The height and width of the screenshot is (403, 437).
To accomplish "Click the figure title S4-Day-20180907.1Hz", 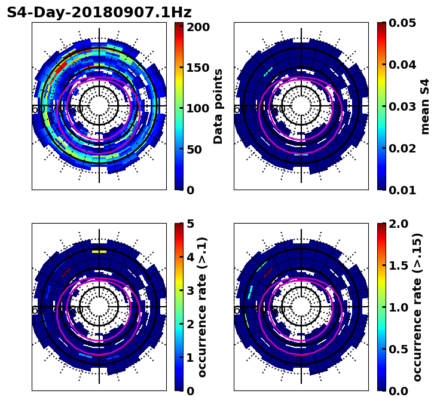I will [x=99, y=13].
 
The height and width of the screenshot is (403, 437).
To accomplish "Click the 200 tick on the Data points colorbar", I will [x=198, y=27].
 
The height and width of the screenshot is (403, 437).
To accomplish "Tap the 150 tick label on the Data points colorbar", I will [x=198, y=68].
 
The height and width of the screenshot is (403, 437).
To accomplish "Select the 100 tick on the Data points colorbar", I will [x=198, y=108].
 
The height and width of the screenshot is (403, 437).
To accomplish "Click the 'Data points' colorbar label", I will [x=218, y=106].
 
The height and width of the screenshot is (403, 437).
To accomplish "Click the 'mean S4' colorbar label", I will [x=425, y=106].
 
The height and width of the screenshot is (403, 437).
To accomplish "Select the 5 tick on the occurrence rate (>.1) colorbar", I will [x=191, y=224].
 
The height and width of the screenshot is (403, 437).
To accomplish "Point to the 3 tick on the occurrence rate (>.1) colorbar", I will [x=191, y=291].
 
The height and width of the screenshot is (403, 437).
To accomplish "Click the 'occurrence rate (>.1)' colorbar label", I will [x=203, y=307].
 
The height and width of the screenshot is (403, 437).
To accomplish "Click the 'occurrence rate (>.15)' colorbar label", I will [x=417, y=307].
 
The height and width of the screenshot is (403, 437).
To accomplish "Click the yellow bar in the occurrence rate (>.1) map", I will [x=99, y=252].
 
